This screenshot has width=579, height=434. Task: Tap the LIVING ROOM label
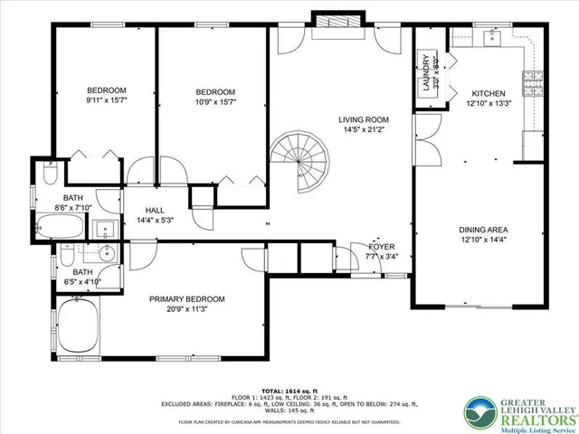tap(364, 119)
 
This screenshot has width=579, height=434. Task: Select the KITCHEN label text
tap(489, 93)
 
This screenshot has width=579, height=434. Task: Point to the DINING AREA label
tap(482, 231)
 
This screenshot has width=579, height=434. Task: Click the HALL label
tap(154, 210)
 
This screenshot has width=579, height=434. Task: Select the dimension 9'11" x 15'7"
tap(106, 101)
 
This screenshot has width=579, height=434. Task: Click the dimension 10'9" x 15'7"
tap(216, 103)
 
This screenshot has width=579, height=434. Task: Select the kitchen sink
tap(489, 38)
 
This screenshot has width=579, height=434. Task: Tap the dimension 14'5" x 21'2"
tap(364, 130)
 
